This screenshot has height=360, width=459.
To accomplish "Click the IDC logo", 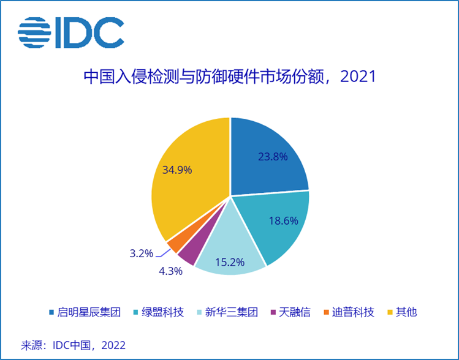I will click(70, 32).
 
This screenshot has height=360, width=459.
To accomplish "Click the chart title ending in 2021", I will click(229, 77).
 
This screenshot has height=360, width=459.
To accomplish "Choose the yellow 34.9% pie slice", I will click(184, 178).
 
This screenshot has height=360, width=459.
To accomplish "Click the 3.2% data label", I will click(142, 252).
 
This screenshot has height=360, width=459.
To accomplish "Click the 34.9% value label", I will click(177, 170).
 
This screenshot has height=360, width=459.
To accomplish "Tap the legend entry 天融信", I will click(292, 312).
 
